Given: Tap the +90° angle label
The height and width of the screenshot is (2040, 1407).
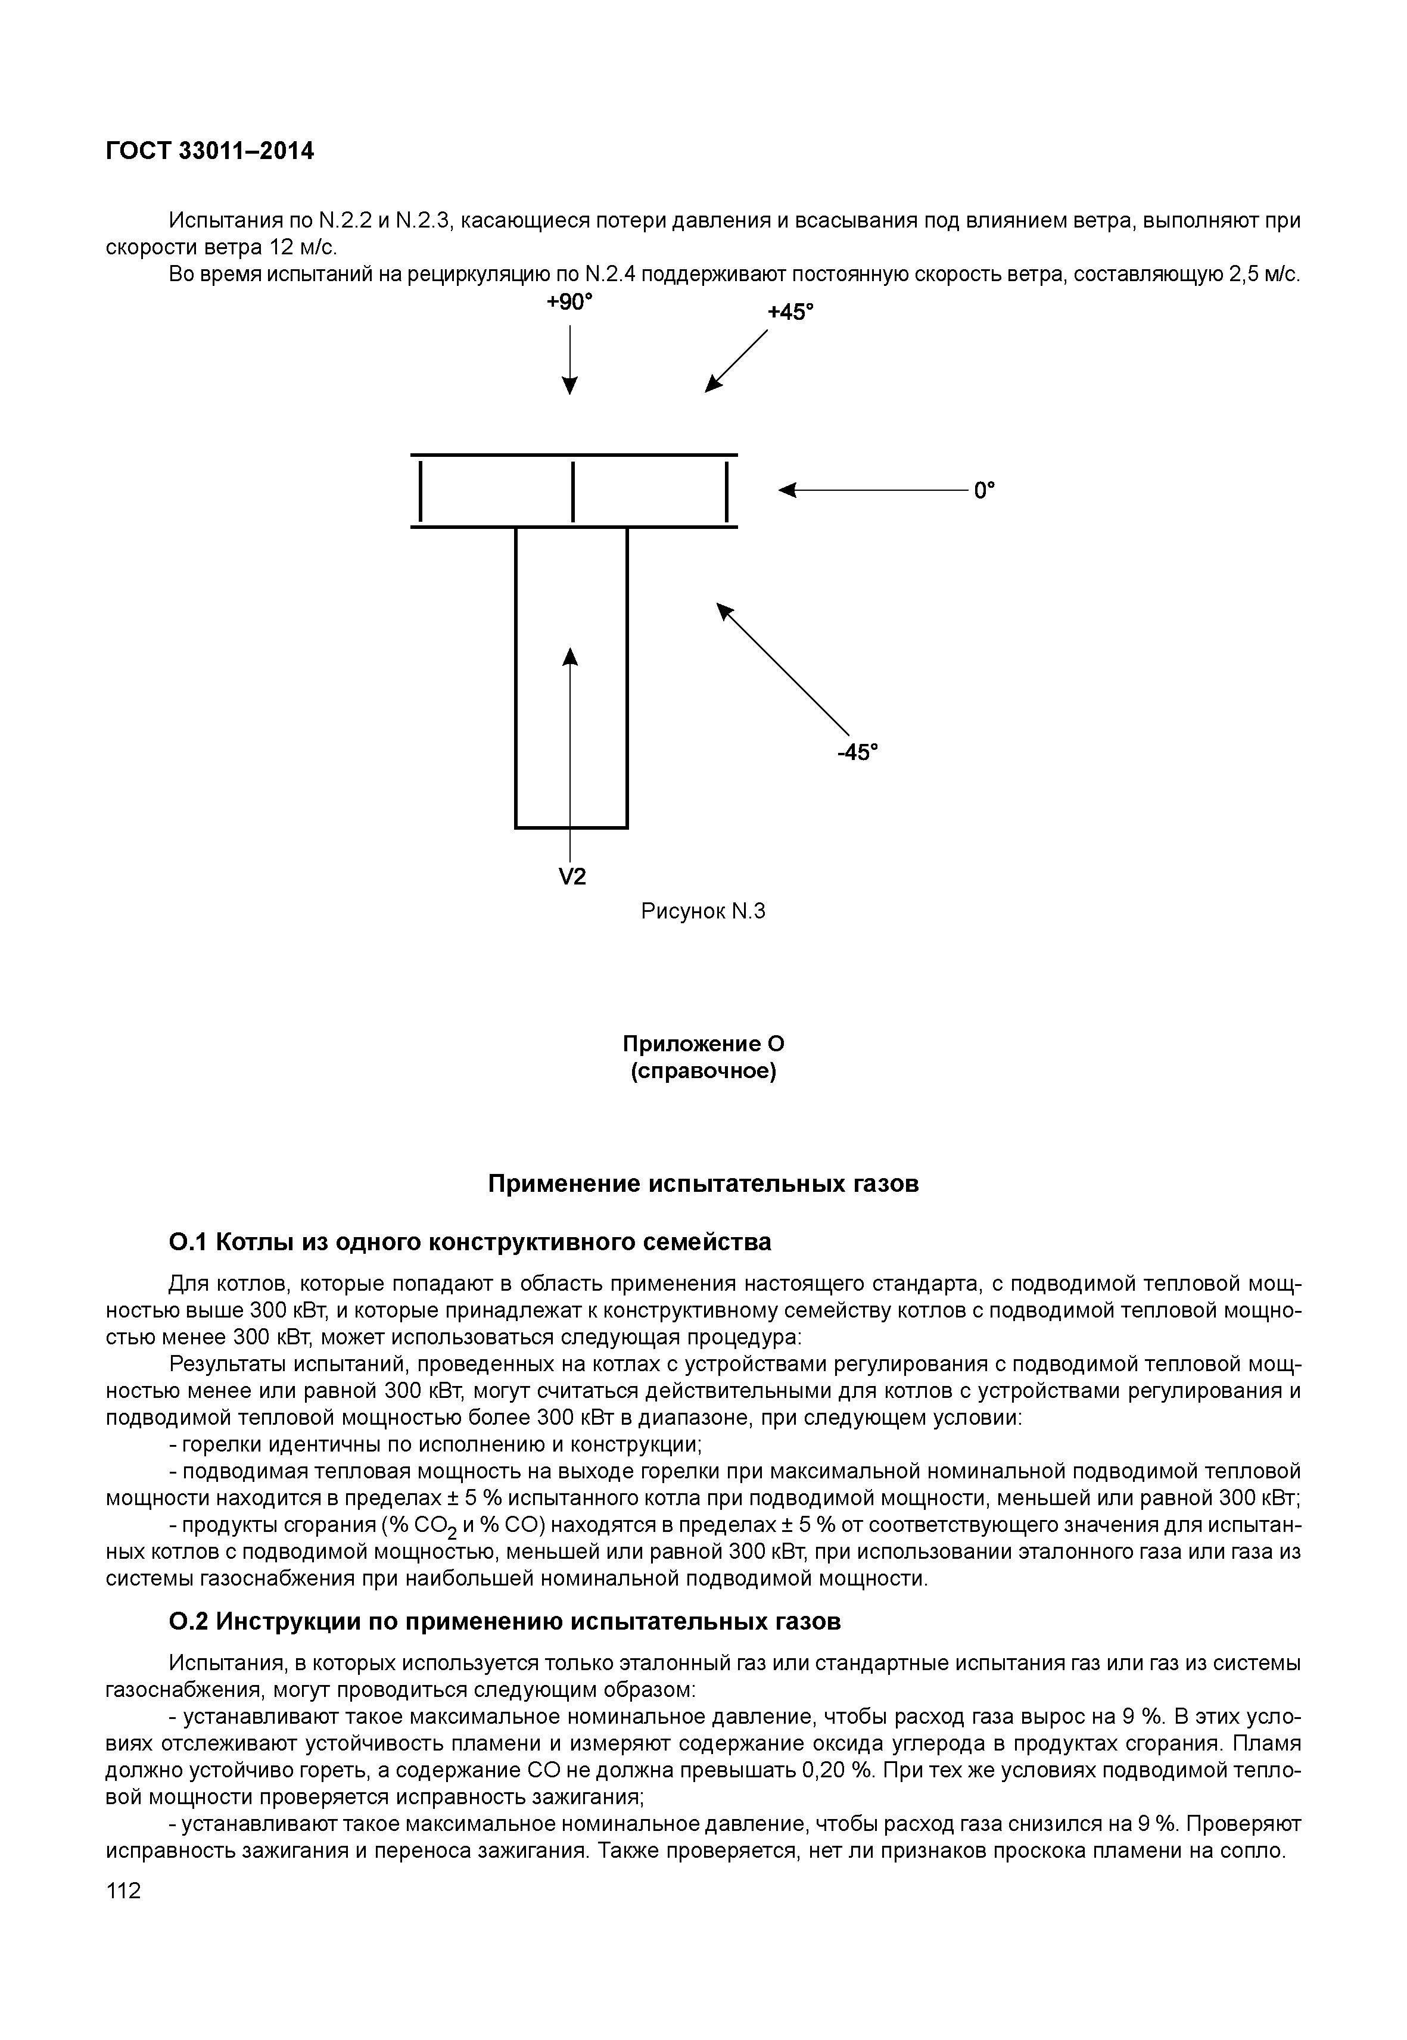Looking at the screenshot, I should point(569,303).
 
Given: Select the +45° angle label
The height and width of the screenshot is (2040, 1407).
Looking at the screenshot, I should point(790,312).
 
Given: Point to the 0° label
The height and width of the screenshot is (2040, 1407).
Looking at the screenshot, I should point(984,490).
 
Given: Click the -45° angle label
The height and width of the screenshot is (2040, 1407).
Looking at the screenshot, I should point(858,752).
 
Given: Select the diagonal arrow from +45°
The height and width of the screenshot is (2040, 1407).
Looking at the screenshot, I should point(737,360).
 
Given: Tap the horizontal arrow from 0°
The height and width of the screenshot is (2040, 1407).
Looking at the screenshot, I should point(873,490).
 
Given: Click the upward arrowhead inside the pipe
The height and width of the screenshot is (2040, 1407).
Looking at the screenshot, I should point(571,658).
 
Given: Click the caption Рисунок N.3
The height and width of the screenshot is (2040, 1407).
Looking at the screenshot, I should point(703,911).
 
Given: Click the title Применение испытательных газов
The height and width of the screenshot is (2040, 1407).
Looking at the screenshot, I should point(703,1184).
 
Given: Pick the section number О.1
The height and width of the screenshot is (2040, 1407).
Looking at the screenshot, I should point(187,1242).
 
